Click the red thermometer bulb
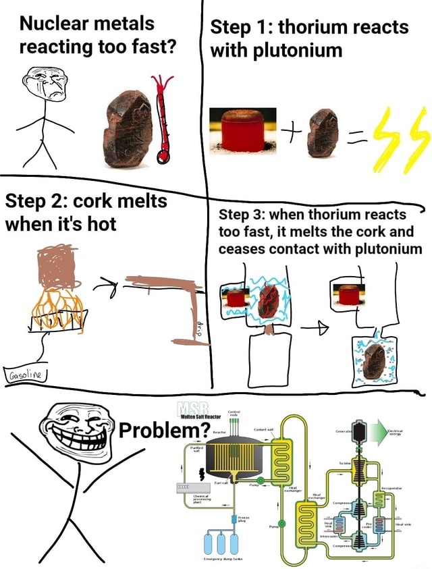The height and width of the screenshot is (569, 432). coord(162,157)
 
